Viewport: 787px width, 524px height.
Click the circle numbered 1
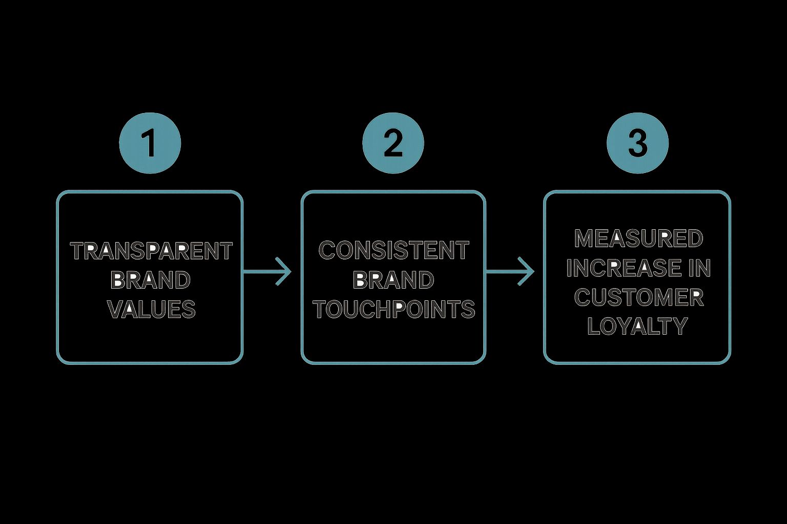(150, 143)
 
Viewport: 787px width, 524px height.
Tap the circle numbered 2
(393, 143)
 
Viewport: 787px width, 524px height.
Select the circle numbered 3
(637, 143)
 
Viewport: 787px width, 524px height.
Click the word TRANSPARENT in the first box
(151, 251)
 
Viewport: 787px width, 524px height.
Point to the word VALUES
(151, 310)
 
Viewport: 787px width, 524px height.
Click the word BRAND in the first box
(151, 280)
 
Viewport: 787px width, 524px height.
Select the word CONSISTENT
(393, 251)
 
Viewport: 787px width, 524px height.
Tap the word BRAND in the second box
(393, 280)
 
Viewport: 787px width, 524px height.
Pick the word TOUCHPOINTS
(393, 310)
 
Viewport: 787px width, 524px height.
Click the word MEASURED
(638, 238)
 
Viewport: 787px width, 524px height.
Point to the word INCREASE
(623, 268)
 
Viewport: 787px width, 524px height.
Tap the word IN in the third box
(699, 268)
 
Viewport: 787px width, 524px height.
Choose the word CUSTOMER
(638, 297)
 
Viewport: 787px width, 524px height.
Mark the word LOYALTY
(637, 326)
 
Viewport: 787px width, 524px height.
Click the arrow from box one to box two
(266, 271)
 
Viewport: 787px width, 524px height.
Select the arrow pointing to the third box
(510, 271)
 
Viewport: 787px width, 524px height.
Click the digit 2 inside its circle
(393, 144)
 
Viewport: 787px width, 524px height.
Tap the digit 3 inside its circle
(637, 144)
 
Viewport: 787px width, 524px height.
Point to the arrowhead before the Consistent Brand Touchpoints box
(285, 271)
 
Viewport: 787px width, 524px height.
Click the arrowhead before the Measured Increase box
(528, 271)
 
